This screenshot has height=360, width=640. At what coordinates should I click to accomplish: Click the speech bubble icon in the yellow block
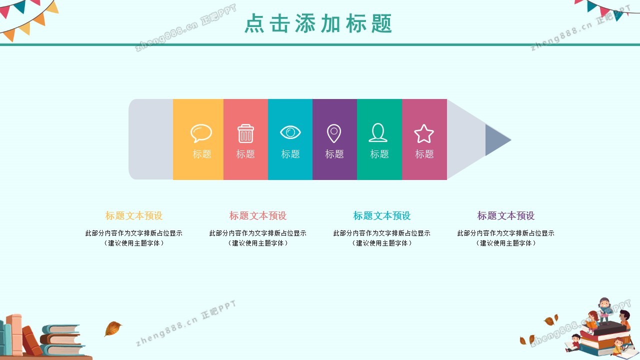[201, 133]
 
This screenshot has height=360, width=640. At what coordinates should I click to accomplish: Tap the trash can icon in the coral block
[245, 133]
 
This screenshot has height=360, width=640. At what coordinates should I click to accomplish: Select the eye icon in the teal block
[290, 132]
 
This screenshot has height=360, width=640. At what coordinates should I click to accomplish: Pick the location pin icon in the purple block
[333, 133]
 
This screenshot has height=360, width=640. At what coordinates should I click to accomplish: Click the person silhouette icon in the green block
[378, 132]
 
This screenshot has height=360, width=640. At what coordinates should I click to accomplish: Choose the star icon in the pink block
[423, 133]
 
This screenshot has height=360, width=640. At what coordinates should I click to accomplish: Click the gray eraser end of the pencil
[151, 139]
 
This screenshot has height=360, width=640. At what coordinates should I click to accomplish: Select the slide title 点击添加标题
[318, 23]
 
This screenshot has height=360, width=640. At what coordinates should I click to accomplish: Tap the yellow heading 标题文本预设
[133, 215]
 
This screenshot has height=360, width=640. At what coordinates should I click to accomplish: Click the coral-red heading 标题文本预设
[257, 215]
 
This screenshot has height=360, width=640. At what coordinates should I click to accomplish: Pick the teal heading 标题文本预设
[381, 215]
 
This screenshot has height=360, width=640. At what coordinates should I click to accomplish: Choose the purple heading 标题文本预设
[505, 215]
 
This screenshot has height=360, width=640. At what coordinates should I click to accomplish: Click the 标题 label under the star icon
[424, 154]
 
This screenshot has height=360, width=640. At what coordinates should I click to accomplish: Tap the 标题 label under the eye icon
[290, 154]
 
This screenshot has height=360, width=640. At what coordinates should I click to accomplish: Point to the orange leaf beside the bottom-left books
[112, 328]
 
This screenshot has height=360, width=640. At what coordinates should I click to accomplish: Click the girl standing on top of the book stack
[604, 310]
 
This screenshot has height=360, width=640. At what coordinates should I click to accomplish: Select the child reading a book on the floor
[573, 343]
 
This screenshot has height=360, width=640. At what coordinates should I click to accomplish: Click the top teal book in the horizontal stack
[61, 329]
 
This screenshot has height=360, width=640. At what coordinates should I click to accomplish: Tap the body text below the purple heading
[505, 238]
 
